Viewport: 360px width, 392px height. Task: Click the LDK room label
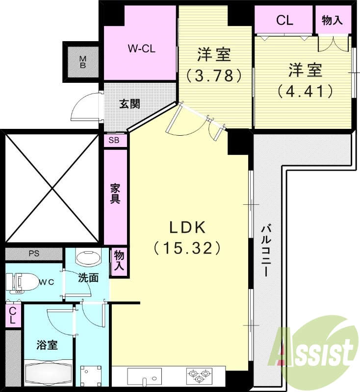click(x=188, y=227)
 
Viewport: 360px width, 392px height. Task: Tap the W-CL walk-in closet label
click(x=142, y=49)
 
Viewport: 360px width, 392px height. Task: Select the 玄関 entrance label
click(x=129, y=104)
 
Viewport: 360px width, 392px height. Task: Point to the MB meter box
click(x=83, y=62)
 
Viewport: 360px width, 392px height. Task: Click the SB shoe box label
click(x=114, y=141)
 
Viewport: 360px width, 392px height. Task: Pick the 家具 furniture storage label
click(x=115, y=194)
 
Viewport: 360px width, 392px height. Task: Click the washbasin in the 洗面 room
click(x=88, y=258)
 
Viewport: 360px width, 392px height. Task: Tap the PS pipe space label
click(x=34, y=253)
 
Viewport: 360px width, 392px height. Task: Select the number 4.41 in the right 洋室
click(x=305, y=91)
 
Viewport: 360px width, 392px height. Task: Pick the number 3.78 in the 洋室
click(x=214, y=75)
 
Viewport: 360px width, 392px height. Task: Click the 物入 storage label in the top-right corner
click(x=332, y=20)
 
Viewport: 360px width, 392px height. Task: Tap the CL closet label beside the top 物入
click(x=284, y=20)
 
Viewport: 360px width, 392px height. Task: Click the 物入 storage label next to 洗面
click(x=119, y=261)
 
